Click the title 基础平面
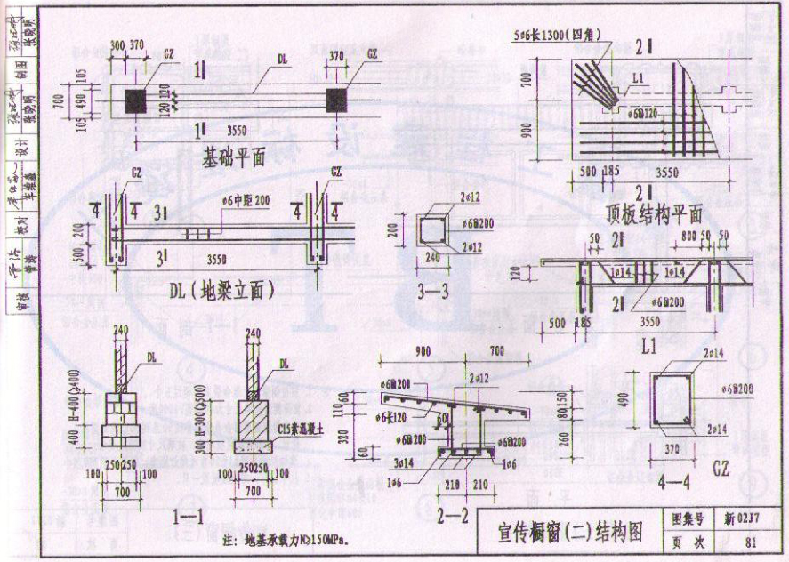click(x=234, y=158)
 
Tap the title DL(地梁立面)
click(x=221, y=291)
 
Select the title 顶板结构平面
click(x=654, y=214)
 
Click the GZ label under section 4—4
click(x=720, y=470)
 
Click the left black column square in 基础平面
click(x=134, y=100)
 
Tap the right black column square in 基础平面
click(x=336, y=100)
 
